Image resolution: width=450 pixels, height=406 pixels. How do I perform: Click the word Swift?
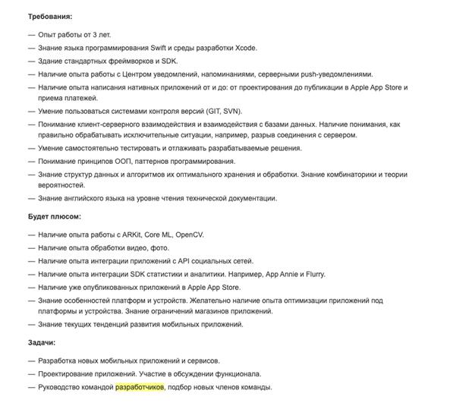[x=161, y=49]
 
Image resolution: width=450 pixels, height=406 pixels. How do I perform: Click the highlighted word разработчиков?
[x=140, y=387]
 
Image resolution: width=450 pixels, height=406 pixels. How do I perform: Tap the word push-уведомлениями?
[x=334, y=74]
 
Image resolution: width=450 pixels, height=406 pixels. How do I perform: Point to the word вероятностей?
[x=63, y=186]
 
